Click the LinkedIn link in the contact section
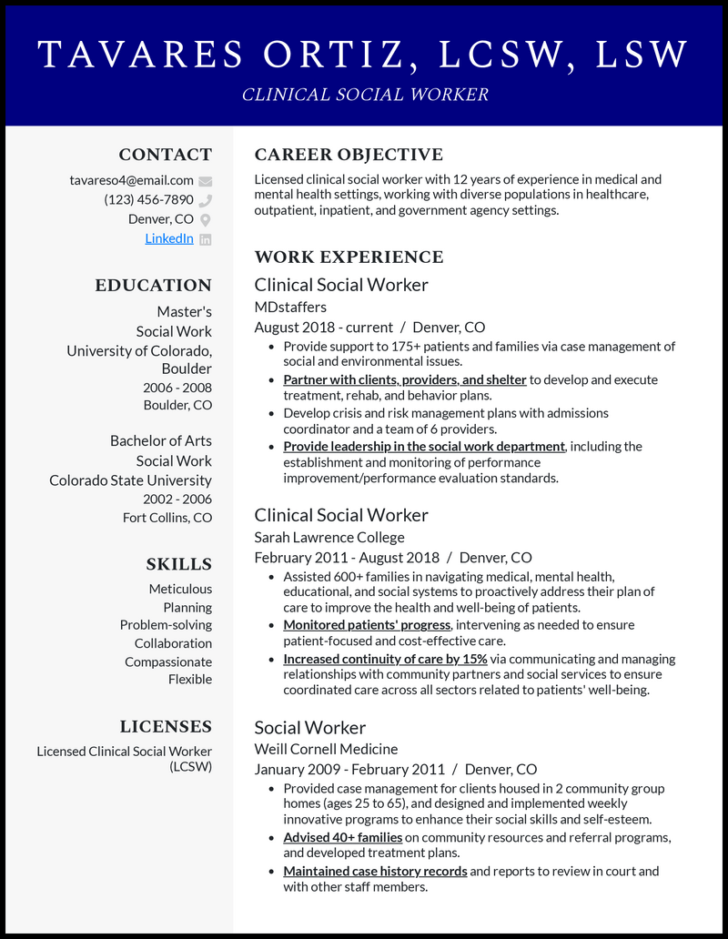(x=169, y=238)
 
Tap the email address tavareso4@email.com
(x=132, y=180)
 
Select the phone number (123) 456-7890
(x=148, y=199)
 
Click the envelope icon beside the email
(x=205, y=181)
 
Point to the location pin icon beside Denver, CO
(x=205, y=219)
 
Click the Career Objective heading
(x=349, y=155)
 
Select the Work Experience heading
(x=349, y=257)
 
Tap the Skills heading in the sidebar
(x=178, y=564)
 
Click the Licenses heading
(x=166, y=726)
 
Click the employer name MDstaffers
(x=290, y=306)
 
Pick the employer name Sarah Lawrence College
(x=329, y=537)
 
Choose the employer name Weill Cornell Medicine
(x=326, y=749)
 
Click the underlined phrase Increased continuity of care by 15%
(x=385, y=659)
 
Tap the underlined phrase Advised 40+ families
(x=342, y=837)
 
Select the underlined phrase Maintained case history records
(x=375, y=871)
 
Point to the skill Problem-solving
(x=166, y=625)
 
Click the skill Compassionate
(x=168, y=661)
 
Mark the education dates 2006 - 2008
(x=177, y=388)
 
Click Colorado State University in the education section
(x=130, y=480)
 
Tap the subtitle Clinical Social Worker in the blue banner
(x=365, y=95)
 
